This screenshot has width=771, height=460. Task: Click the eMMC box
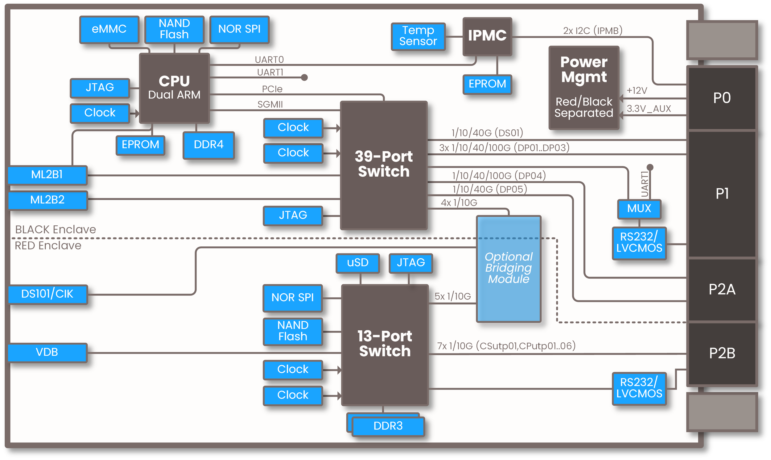click(109, 29)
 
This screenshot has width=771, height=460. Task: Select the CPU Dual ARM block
click(174, 88)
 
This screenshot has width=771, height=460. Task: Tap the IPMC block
click(487, 36)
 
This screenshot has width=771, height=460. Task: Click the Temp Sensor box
click(418, 36)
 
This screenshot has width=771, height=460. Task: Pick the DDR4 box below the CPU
click(208, 145)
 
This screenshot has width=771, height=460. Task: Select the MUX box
click(639, 209)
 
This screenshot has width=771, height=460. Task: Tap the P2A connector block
click(722, 290)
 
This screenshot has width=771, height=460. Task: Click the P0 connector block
click(722, 98)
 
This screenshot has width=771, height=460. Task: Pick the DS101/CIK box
click(47, 294)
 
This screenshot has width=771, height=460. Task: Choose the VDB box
click(47, 353)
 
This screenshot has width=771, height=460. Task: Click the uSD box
click(358, 263)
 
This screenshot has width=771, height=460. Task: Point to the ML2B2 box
click(47, 200)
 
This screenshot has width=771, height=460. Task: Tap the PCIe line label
click(272, 89)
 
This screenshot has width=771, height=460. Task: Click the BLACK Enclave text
click(56, 230)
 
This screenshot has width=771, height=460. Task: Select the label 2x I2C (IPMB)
click(593, 31)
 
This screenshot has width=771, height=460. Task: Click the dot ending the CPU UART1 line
click(304, 77)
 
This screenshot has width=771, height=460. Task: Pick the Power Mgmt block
click(584, 87)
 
